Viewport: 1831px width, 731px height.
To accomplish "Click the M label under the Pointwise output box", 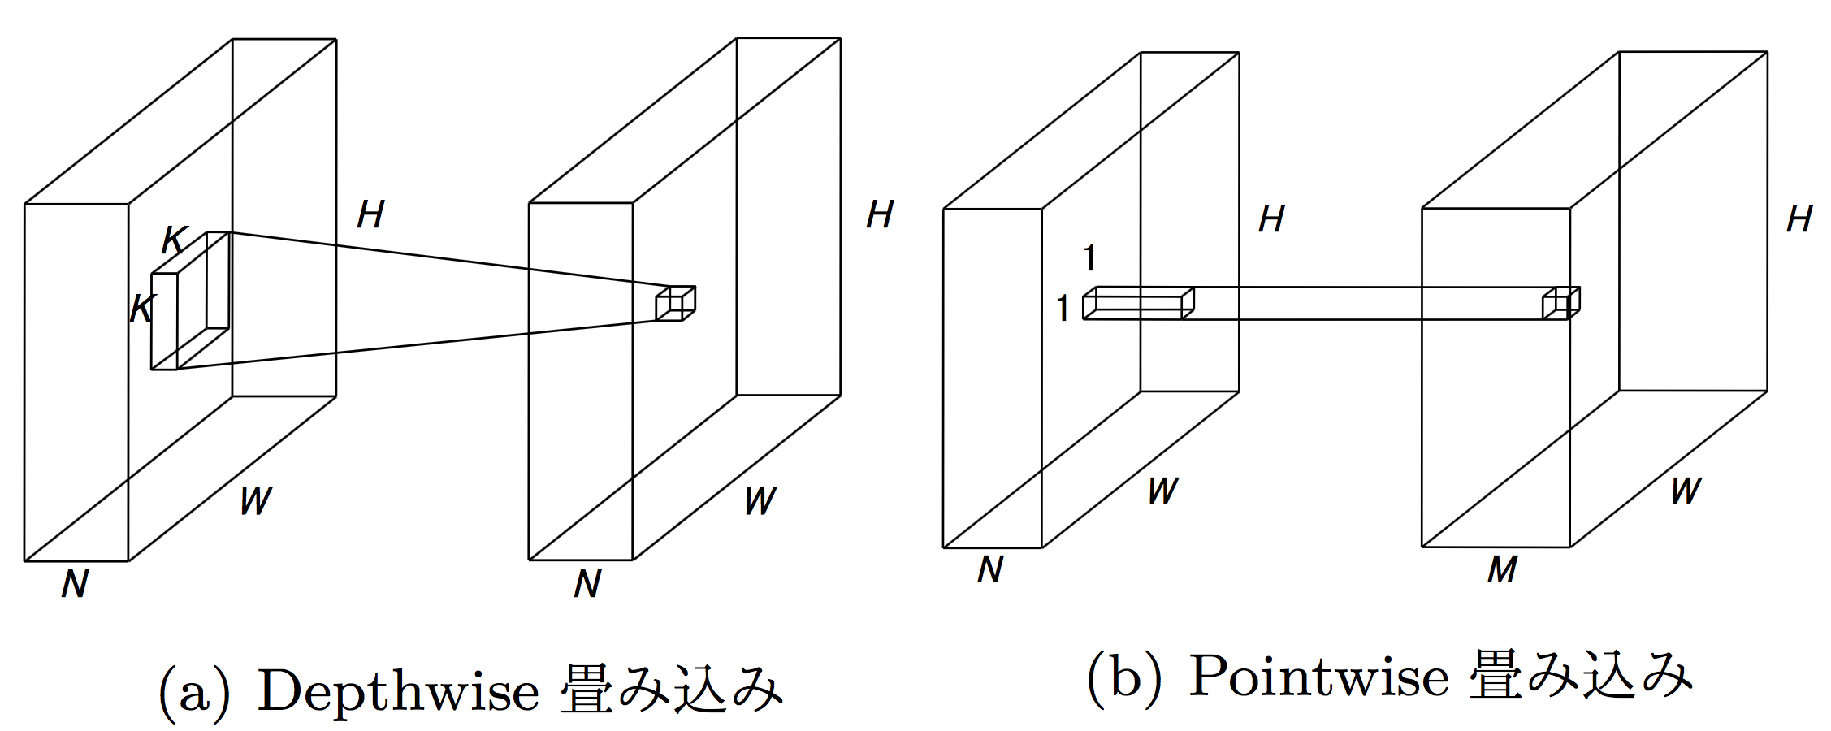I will pyautogui.click(x=1502, y=569).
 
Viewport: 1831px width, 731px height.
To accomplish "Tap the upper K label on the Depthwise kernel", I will pyautogui.click(x=175, y=240).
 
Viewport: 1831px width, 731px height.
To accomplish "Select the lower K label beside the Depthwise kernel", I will pyautogui.click(x=143, y=309).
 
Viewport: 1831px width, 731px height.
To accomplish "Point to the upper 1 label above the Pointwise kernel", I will pyautogui.click(x=1090, y=258).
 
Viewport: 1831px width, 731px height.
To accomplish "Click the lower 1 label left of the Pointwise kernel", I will pyautogui.click(x=1063, y=309).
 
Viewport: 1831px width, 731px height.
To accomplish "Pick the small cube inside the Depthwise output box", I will pyautogui.click(x=675, y=303).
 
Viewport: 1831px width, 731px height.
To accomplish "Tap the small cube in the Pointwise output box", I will pyautogui.click(x=1560, y=303).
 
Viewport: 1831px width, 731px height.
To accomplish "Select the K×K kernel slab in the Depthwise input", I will pyautogui.click(x=190, y=302).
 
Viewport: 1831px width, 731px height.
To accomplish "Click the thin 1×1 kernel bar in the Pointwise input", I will pyautogui.click(x=1137, y=302).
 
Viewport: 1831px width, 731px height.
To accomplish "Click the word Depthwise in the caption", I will pyautogui.click(x=398, y=692).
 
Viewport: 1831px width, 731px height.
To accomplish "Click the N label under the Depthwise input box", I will pyautogui.click(x=75, y=584).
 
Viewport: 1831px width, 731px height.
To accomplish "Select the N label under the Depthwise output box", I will pyautogui.click(x=587, y=584).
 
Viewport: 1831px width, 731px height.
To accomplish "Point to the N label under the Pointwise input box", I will pyautogui.click(x=990, y=569).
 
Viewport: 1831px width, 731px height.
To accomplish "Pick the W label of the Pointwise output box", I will pyautogui.click(x=1686, y=491).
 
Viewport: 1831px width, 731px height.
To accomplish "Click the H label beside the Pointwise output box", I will pyautogui.click(x=1799, y=218).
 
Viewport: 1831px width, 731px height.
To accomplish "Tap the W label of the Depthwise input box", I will pyautogui.click(x=256, y=501).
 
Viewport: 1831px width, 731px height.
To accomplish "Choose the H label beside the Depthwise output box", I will pyautogui.click(x=880, y=214).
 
